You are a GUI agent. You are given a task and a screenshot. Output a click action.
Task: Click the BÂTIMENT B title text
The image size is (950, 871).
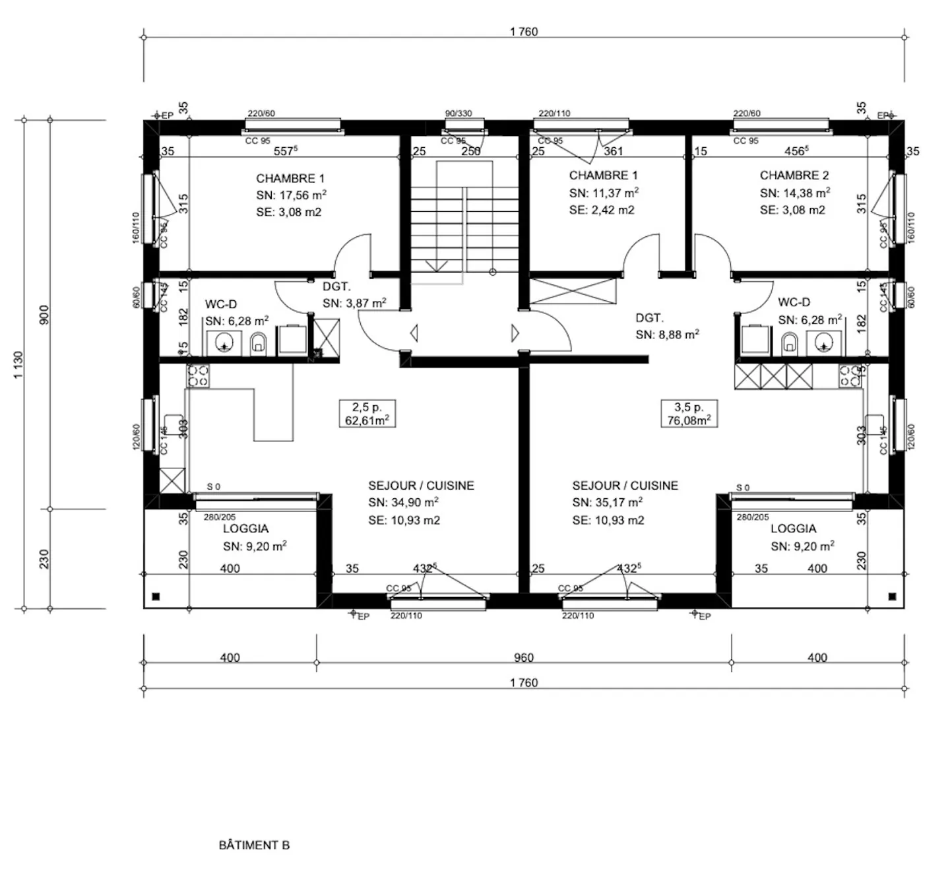pyautogui.click(x=254, y=845)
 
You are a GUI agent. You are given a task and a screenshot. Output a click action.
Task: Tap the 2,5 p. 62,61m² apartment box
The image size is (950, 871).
pyautogui.click(x=367, y=414)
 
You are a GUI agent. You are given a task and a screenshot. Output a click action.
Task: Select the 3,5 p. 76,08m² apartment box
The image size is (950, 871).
pyautogui.click(x=689, y=414)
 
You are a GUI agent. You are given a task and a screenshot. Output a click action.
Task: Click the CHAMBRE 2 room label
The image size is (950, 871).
pyautogui.click(x=794, y=176)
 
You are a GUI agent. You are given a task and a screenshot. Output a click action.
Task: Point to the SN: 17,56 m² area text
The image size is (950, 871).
pyautogui.click(x=291, y=195)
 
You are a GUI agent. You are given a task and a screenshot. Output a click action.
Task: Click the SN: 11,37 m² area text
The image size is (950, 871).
pyautogui.click(x=604, y=193)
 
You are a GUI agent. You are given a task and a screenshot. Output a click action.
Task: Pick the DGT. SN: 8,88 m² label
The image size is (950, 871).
pyautogui.click(x=666, y=327)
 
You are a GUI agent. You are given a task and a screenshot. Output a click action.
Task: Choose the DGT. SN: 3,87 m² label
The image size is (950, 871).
pyautogui.click(x=354, y=295)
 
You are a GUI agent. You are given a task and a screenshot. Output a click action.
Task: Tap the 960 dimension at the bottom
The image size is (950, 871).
pyautogui.click(x=523, y=657)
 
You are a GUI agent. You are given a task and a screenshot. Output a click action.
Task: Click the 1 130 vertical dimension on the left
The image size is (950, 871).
pyautogui.click(x=19, y=364)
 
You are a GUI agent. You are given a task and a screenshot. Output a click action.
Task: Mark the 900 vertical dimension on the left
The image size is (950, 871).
pyautogui.click(x=45, y=315)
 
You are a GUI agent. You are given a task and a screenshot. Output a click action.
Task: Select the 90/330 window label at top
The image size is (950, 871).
pyautogui.click(x=459, y=113)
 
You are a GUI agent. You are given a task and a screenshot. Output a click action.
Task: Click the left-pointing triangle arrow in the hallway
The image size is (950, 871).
pyautogui.click(x=414, y=333)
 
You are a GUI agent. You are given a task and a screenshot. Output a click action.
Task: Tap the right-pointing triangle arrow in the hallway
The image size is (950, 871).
pyautogui.click(x=515, y=333)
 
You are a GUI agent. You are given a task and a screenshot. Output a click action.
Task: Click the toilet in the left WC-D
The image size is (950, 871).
pyautogui.click(x=258, y=342)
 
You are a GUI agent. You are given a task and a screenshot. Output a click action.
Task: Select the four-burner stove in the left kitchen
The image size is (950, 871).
pyautogui.click(x=198, y=375)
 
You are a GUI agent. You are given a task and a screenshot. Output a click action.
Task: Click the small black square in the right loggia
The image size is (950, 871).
pyautogui.click(x=892, y=597)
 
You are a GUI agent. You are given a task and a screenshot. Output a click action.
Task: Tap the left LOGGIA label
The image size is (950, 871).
pyautogui.click(x=245, y=529)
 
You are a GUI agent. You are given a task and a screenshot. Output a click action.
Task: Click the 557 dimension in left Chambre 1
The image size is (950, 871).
pyautogui.click(x=285, y=151)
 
